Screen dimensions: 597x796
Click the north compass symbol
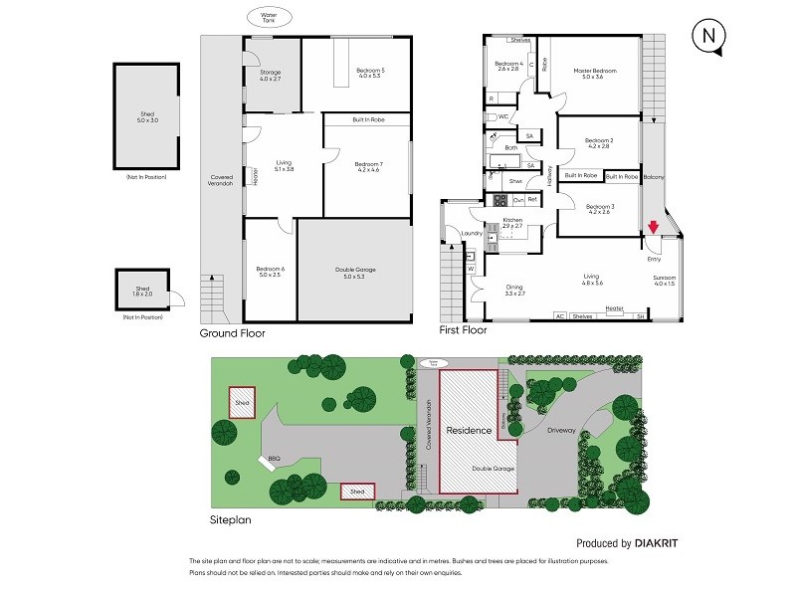coord(708,36)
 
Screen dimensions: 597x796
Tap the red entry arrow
coord(653,227)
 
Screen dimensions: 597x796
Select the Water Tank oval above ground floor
coord(269,17)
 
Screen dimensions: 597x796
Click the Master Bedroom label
coord(595,72)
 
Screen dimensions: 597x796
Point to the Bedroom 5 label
coord(370,70)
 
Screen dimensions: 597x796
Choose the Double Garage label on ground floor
coord(354,270)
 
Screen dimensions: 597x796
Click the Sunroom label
coord(664,278)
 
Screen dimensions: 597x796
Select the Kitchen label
coord(512,220)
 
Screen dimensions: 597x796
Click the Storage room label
coord(271,73)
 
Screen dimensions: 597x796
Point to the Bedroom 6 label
coord(270,270)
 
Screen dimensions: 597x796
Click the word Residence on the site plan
coord(468,431)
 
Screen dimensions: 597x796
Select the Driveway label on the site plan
coord(561,430)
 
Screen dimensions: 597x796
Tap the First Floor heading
coord(463,329)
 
